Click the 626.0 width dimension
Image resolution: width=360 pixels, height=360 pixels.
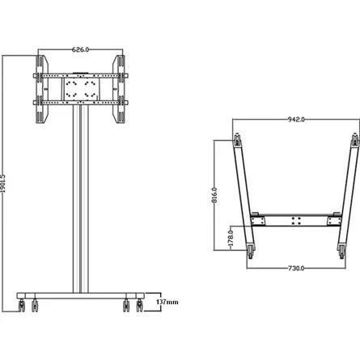tap(80, 49)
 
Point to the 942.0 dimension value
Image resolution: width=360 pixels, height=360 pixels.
tap(297, 121)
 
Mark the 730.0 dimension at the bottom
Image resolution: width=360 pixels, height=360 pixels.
tap(297, 268)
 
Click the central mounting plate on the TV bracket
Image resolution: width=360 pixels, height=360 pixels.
tap(79, 88)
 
